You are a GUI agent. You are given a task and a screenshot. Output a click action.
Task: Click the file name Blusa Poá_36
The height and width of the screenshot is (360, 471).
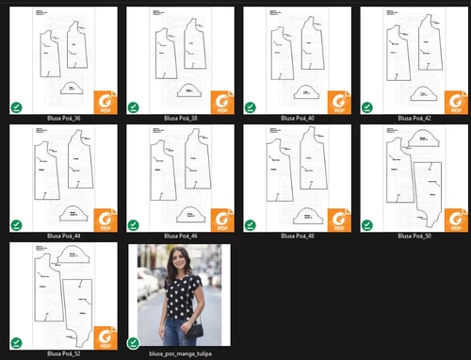pyautogui.click(x=63, y=119)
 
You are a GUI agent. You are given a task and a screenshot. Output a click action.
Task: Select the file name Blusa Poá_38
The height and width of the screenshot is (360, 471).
pyautogui.click(x=180, y=119)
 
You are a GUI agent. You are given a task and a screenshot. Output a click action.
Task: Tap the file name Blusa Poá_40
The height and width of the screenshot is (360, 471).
pyautogui.click(x=297, y=119)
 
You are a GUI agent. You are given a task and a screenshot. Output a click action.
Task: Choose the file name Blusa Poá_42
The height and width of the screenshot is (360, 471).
pyautogui.click(x=414, y=119)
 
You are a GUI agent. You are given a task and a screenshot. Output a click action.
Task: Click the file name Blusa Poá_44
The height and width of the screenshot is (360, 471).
pyautogui.click(x=63, y=237)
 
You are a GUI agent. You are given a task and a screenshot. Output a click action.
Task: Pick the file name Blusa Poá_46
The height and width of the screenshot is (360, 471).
pyautogui.click(x=180, y=237)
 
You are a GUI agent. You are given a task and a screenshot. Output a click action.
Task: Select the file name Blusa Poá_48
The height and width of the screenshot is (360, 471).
pyautogui.click(x=297, y=237)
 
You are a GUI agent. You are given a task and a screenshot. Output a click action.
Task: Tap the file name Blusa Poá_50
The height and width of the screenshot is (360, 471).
pyautogui.click(x=414, y=237)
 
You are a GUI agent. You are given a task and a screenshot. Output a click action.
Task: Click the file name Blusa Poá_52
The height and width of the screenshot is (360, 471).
pyautogui.click(x=63, y=354)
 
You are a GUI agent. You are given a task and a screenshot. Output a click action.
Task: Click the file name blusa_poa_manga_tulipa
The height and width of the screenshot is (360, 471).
pyautogui.click(x=180, y=354)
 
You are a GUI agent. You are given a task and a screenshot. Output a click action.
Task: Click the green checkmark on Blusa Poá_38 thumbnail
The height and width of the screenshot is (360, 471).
pyautogui.click(x=133, y=106)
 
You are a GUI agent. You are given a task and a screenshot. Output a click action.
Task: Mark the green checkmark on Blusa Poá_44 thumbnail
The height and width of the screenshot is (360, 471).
pyautogui.click(x=16, y=224)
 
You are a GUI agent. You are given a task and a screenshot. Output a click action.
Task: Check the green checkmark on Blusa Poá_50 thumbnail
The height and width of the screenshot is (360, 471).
pyautogui.click(x=366, y=224)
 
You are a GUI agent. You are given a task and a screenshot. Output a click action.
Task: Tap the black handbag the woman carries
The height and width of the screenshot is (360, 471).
pyautogui.click(x=194, y=329)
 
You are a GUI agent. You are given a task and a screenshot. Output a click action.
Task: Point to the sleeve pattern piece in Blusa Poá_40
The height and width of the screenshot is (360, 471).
pyautogui.click(x=305, y=91)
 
